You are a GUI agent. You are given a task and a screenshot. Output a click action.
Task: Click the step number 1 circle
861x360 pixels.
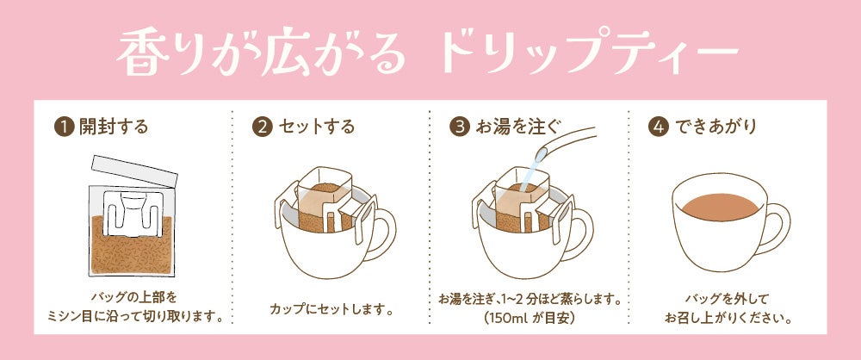[64, 127]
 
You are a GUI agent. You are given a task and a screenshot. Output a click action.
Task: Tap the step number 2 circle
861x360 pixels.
[262, 127]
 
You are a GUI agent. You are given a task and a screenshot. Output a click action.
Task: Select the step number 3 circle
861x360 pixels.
[460, 127]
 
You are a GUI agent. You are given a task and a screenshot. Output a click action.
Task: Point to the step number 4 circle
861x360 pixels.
[659, 127]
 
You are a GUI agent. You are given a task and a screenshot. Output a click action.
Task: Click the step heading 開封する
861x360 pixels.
[114, 127]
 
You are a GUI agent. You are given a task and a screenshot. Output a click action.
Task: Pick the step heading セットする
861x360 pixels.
[316, 127]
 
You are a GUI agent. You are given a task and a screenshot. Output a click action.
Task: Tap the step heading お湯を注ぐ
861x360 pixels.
[517, 127]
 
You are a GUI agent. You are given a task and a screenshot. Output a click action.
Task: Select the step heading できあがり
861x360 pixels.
[715, 127]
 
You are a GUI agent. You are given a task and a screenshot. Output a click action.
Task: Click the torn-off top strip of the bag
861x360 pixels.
[135, 171]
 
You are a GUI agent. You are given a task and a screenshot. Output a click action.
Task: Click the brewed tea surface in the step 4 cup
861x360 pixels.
[721, 207]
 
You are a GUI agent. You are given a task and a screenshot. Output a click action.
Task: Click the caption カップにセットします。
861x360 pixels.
[332, 309]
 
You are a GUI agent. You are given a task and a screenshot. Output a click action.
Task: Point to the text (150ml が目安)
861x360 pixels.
[530, 318]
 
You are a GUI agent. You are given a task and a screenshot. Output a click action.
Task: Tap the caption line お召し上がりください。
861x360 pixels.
[727, 318]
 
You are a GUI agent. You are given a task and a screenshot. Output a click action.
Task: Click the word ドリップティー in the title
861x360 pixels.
[590, 53]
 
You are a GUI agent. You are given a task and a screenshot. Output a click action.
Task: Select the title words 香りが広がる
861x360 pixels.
[261, 53]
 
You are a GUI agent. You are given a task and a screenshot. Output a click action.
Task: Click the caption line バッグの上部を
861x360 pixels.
[134, 299]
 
